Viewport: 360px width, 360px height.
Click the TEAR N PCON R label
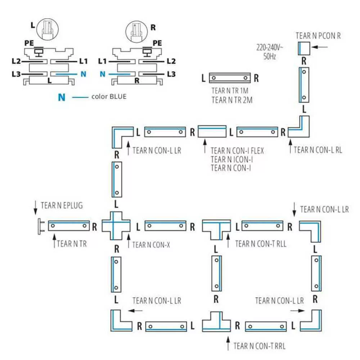318,36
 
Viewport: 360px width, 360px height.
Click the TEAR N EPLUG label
62,206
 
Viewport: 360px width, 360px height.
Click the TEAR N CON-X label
151,245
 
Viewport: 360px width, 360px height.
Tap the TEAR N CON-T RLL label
261,244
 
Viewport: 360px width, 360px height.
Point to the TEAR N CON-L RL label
318,150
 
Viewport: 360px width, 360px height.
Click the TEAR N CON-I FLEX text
237,150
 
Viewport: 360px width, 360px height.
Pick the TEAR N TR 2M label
232,100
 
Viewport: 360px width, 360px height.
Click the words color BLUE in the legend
109,96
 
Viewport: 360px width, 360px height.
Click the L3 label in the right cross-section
171,74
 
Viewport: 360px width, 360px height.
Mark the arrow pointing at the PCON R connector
321,47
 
